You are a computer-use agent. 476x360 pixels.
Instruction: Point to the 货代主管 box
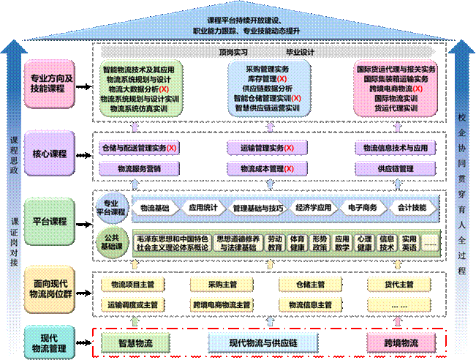click(399, 284)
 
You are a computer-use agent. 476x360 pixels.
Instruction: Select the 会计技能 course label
click(412, 208)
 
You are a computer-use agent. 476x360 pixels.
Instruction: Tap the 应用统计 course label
click(203, 208)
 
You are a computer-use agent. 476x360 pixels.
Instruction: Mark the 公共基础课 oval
click(112, 241)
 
